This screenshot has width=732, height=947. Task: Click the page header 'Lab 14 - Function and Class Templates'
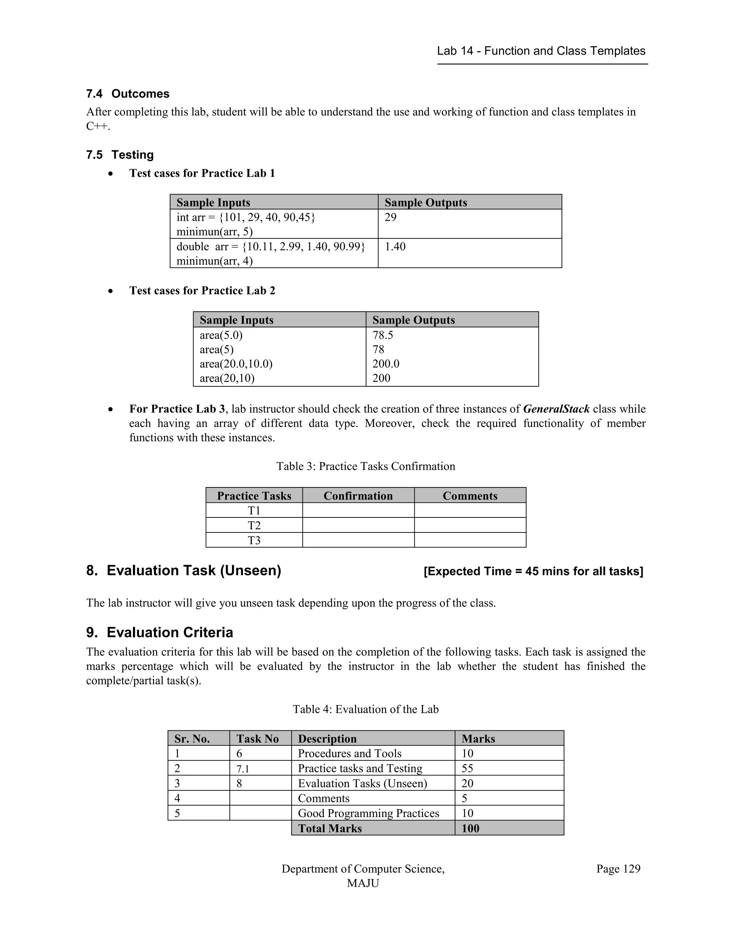(x=541, y=51)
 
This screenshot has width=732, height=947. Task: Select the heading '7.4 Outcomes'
(x=128, y=94)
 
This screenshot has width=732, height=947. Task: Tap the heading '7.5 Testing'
(x=120, y=155)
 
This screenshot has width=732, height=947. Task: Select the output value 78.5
(x=382, y=335)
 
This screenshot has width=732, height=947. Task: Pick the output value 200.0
(x=386, y=364)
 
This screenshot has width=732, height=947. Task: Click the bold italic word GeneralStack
(x=556, y=409)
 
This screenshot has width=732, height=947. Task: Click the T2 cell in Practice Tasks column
(x=254, y=526)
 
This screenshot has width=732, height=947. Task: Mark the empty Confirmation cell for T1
(x=358, y=510)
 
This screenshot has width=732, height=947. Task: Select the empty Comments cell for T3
(x=470, y=540)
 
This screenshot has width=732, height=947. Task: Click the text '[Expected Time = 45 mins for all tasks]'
(x=533, y=571)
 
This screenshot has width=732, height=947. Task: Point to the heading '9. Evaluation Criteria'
(x=159, y=632)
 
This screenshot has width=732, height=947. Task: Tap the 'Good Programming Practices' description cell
(x=368, y=813)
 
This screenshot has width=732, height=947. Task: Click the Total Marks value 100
(x=470, y=828)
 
